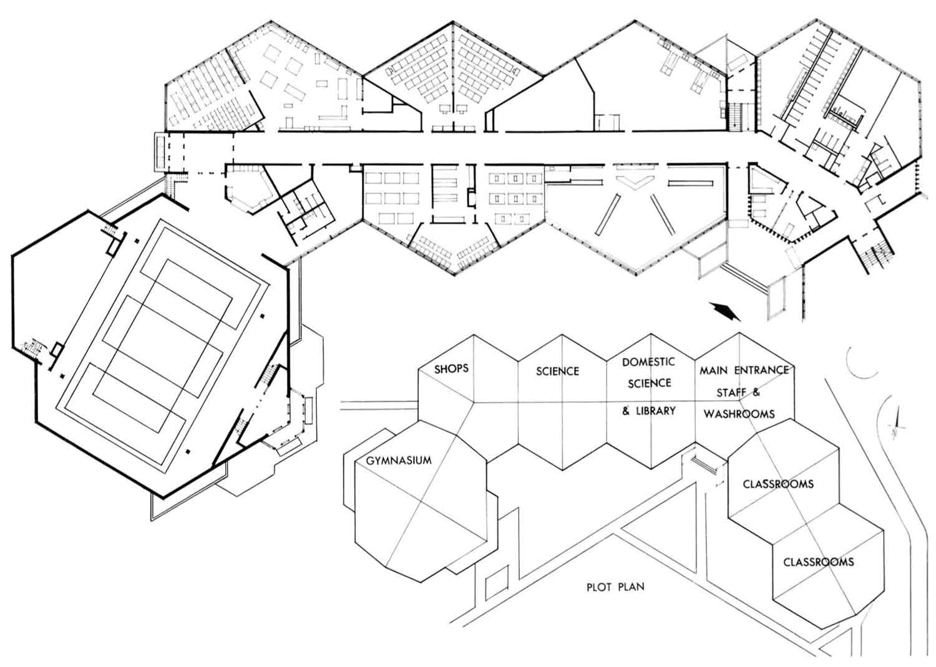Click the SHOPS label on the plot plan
point(451,368)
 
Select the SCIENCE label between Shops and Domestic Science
point(557,372)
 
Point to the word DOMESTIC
point(648,362)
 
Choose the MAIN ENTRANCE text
point(744,370)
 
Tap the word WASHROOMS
point(739,413)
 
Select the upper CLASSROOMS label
point(778,484)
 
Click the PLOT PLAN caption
point(615,587)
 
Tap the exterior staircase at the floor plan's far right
point(877,254)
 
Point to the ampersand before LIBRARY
point(626,411)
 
